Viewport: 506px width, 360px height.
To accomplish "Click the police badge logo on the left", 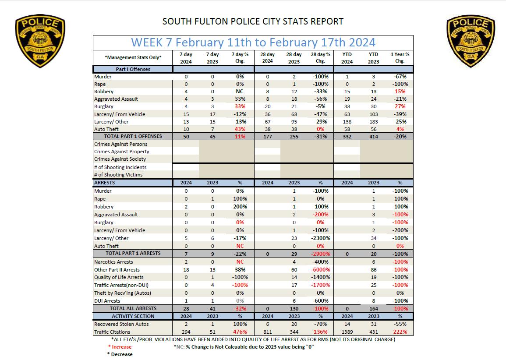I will (x=40, y=42).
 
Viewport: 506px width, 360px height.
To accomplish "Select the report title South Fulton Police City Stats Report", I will (x=253, y=21).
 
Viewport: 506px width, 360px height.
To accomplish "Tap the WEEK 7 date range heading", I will (x=253, y=42).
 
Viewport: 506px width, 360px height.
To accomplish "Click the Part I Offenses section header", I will (x=133, y=69).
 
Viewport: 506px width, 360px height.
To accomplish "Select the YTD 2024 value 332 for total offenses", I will (x=347, y=137).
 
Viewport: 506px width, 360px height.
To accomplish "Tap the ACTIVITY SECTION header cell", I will (x=133, y=316).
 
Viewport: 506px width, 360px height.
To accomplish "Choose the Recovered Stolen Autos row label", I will (x=121, y=324).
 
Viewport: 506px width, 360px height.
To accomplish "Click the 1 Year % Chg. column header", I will (x=400, y=57).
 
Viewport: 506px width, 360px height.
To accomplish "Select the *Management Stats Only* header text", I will (x=133, y=57).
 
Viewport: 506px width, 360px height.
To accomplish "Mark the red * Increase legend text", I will (x=120, y=347).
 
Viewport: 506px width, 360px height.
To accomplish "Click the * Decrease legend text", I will (x=120, y=354).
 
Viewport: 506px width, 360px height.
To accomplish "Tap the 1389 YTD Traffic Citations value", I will (x=347, y=332).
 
